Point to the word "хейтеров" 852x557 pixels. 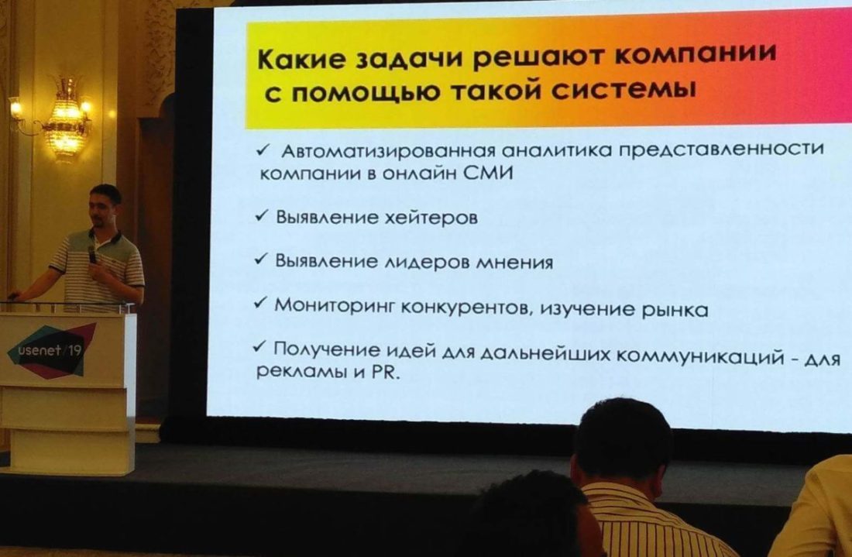[x=431, y=218]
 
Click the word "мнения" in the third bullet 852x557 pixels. [x=514, y=263]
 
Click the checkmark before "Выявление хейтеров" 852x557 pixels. [x=261, y=215]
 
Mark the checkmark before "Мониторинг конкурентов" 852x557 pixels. [x=260, y=303]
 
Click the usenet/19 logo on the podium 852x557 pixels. [x=52, y=350]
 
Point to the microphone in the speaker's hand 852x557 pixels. [x=92, y=255]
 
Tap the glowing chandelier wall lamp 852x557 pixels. [x=67, y=119]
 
